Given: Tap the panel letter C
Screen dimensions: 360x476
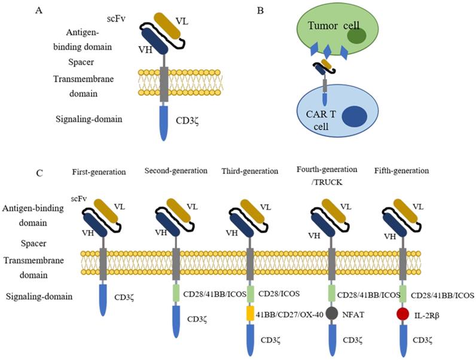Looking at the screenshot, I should (x=39, y=174).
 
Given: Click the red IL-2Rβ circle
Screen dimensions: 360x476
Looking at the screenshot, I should (x=402, y=314).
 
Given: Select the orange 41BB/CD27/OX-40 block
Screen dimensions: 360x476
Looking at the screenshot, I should (x=251, y=314).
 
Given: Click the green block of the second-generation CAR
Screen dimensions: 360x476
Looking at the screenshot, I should (x=176, y=294).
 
